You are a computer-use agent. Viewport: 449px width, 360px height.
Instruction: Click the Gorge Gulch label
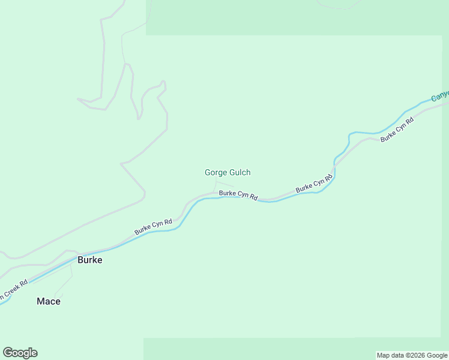(x=228, y=173)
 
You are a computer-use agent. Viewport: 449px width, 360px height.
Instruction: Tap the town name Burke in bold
(x=89, y=260)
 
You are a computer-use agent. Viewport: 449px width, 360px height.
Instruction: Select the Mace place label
(x=49, y=301)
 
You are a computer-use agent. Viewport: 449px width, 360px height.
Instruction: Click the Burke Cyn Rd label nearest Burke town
(x=153, y=227)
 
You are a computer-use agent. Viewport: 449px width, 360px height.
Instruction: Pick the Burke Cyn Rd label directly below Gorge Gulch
(x=238, y=194)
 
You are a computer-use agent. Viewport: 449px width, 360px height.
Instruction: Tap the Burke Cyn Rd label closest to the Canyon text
(x=397, y=129)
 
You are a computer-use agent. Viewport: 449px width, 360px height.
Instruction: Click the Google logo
(x=20, y=353)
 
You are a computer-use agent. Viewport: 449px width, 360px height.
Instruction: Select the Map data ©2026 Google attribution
(x=412, y=356)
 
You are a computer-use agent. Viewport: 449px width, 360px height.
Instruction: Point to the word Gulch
(x=239, y=173)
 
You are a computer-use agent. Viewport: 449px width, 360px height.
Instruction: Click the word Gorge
(x=215, y=173)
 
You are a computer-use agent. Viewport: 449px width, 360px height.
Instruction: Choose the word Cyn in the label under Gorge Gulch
(x=240, y=195)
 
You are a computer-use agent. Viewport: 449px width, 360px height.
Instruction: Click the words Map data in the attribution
(x=391, y=356)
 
